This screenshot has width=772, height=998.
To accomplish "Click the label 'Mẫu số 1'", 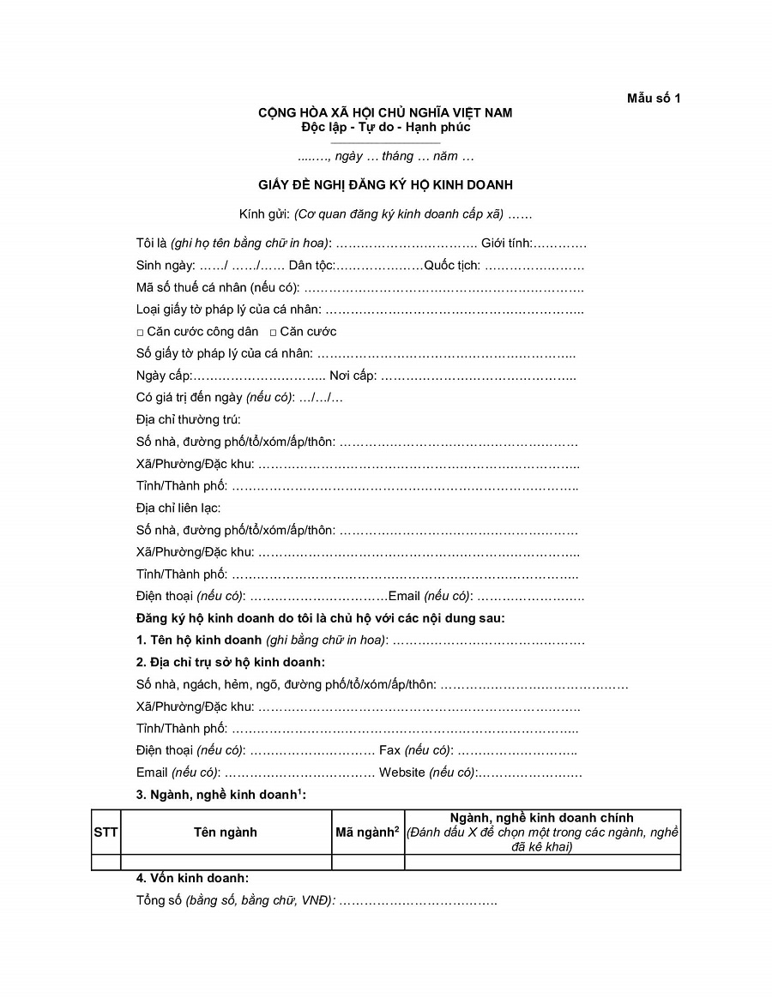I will click(653, 98).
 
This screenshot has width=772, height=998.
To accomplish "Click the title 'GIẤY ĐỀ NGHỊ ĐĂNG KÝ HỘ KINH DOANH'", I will click(386, 184).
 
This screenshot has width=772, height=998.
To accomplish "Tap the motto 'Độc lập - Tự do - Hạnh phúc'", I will click(386, 127).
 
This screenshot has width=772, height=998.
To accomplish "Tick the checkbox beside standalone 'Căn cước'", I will click(273, 332).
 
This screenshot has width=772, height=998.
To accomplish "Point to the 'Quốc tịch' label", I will click(452, 266).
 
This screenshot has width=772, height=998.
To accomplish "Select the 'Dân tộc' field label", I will click(311, 266).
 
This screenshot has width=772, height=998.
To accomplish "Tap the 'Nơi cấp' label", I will click(353, 376).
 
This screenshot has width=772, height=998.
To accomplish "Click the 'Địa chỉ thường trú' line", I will click(189, 420).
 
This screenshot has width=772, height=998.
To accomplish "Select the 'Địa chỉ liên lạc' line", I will click(178, 508).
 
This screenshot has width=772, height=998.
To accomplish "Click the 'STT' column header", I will click(106, 832).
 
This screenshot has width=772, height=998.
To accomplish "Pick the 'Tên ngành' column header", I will click(226, 832).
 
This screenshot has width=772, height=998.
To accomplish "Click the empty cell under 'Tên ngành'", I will click(226, 863).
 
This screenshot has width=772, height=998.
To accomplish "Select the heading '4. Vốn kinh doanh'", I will click(193, 879).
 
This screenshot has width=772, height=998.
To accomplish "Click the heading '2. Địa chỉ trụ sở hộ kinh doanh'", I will click(230, 662).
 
